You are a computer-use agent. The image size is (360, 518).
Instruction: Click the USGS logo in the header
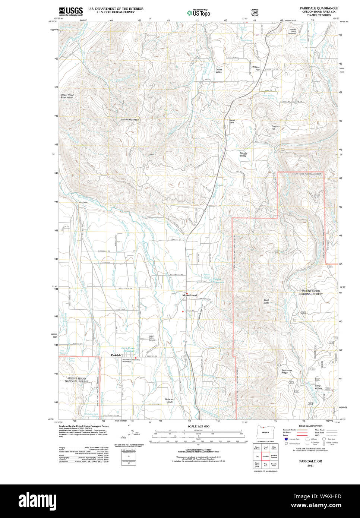point(71,11)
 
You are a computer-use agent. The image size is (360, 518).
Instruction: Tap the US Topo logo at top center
point(199,13)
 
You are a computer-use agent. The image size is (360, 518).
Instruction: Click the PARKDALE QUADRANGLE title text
point(319,8)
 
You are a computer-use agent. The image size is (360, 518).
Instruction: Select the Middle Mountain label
point(130,120)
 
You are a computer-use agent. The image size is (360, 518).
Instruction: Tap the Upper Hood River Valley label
point(67,96)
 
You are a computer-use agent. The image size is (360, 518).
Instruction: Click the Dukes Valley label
point(219,71)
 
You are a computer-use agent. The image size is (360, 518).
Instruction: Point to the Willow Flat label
point(256,69)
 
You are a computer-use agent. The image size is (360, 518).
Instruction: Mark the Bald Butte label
point(266,301)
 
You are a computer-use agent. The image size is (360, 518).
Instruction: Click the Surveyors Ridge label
point(287,371)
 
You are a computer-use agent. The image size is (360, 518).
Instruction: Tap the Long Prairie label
point(318,387)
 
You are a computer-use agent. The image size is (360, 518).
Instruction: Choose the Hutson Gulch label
point(169,400)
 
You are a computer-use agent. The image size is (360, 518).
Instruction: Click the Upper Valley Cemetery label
point(152,338)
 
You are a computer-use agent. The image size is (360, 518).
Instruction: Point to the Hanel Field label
point(232,121)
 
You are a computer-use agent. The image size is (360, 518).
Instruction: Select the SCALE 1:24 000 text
point(198,426)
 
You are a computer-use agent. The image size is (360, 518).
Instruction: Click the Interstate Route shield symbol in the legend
point(286,439)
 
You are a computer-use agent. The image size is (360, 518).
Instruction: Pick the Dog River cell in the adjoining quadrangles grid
point(266,465)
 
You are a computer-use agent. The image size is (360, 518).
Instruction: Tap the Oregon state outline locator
point(265,432)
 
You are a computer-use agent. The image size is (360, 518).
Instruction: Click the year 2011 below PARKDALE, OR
point(310,465)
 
